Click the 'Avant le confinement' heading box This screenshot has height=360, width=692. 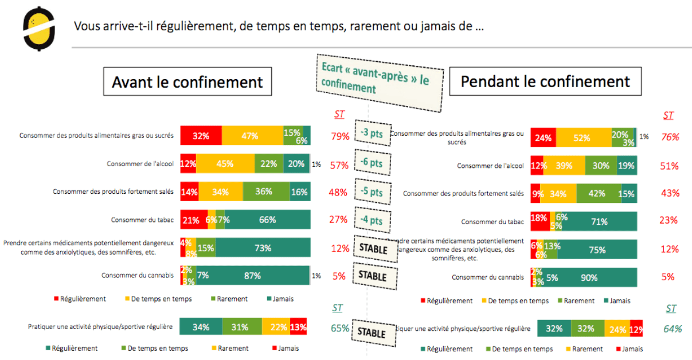[x=187, y=81]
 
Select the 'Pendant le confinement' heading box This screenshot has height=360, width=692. [x=545, y=81]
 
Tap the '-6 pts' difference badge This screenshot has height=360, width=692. [x=372, y=163]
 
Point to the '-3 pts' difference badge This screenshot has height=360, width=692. [x=372, y=134]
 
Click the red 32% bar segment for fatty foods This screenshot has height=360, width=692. [x=201, y=136]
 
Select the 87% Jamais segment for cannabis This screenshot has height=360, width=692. [x=252, y=276]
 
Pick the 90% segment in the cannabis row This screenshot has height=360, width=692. [x=588, y=277]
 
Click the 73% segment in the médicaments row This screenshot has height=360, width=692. [x=263, y=248]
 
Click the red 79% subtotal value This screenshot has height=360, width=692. [x=339, y=136]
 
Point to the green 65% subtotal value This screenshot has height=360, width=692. [x=339, y=328]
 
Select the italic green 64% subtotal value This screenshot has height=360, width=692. [x=673, y=328]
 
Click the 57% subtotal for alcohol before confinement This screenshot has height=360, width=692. [x=339, y=166]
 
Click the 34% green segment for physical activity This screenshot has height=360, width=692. [x=201, y=327]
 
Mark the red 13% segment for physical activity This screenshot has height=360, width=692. [x=298, y=327]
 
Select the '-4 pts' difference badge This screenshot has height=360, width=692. [x=372, y=220]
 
